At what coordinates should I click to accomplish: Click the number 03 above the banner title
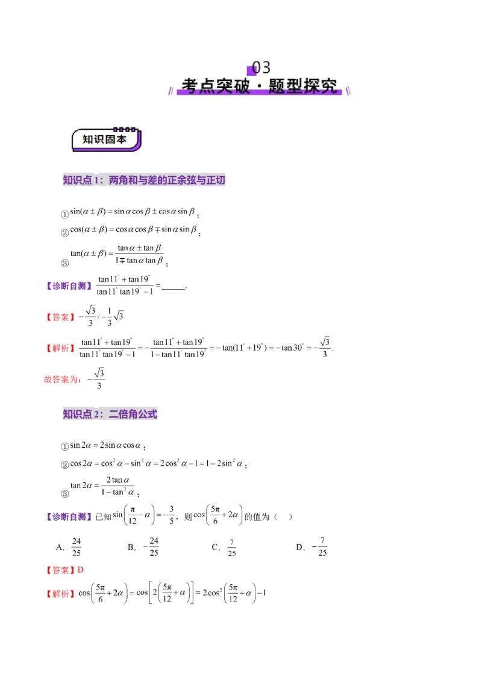(x=261, y=67)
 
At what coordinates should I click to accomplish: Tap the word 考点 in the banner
(x=199, y=86)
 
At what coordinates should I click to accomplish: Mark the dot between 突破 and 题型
(x=260, y=87)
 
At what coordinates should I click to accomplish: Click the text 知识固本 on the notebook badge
(x=105, y=139)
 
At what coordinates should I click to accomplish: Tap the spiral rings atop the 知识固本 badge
(x=125, y=129)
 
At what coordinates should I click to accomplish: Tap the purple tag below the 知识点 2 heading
(x=67, y=516)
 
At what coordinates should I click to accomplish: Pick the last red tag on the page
(x=61, y=594)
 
